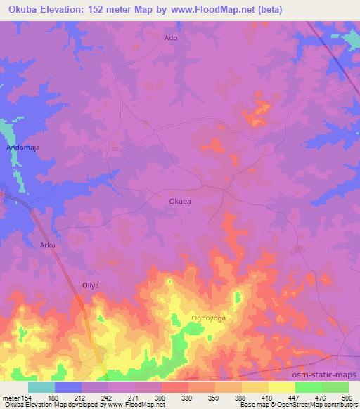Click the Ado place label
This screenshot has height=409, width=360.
point(171,38)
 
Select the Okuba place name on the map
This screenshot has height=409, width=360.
point(180,201)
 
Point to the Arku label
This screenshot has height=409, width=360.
point(46,245)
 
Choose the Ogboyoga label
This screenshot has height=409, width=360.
point(208,318)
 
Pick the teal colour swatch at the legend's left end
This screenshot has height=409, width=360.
point(41,387)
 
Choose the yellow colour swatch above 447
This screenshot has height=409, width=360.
point(281,387)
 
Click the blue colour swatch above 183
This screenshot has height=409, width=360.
point(68,387)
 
